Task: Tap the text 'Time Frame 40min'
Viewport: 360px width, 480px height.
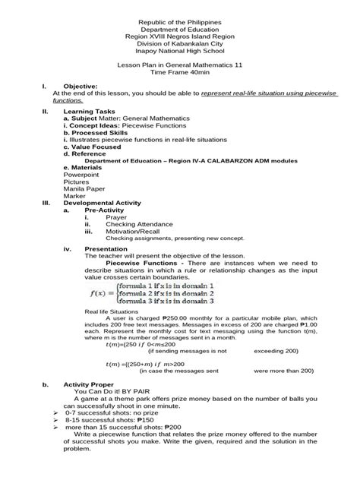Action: (179, 74)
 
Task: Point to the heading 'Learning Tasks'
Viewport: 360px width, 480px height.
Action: (90, 111)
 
